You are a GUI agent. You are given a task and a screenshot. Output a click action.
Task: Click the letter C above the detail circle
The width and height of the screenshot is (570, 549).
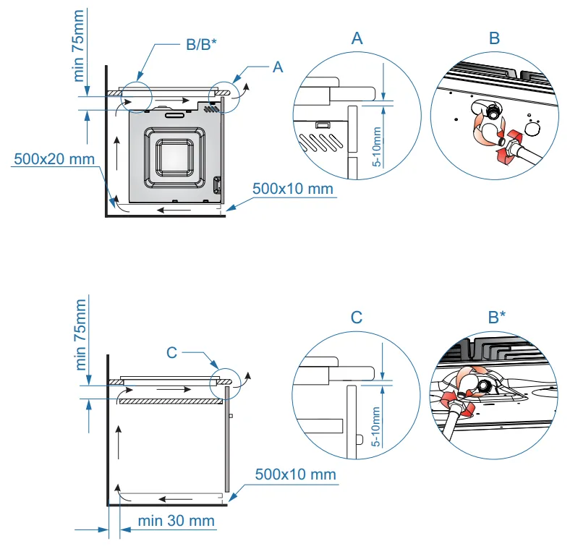click(356, 317)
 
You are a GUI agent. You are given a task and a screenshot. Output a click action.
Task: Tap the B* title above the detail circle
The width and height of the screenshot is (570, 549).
click(496, 317)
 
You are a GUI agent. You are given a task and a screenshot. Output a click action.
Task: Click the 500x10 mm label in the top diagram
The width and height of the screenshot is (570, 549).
click(293, 189)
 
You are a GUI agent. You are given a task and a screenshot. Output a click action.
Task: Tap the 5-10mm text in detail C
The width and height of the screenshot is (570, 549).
click(376, 426)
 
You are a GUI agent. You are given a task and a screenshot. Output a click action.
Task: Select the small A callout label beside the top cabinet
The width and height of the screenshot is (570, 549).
click(277, 67)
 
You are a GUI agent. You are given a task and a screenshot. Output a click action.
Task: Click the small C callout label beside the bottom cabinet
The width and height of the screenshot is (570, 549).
click(171, 352)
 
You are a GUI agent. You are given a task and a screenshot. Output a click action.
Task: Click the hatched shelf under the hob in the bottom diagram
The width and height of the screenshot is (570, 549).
click(169, 401)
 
